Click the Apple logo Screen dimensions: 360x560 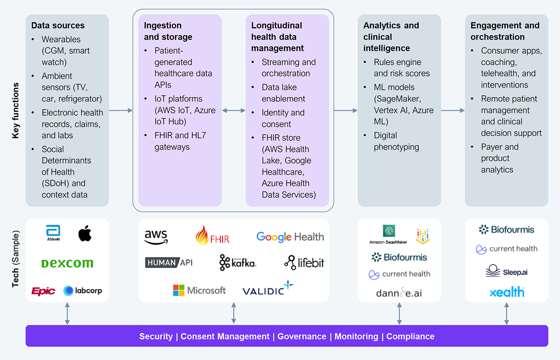pos(84,233)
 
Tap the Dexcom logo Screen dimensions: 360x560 pos(67,263)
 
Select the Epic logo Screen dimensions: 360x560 pos(43,291)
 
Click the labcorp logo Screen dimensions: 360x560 pos(83,291)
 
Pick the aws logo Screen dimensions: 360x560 pos(156,237)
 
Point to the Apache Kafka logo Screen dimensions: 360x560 pos(238,263)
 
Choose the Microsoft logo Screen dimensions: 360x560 pos(199,291)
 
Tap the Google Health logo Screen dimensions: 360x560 pos(290,237)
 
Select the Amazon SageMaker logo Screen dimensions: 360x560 pos(388,235)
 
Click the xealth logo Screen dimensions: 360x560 pos(507,292)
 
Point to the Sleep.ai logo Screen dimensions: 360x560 pos(507,271)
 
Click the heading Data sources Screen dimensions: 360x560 pos(58,26)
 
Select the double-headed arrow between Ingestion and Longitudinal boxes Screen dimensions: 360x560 pos(234,111)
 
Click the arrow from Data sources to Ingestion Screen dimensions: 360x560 pos(121,111)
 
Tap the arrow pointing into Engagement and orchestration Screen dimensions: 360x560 pos(453,111)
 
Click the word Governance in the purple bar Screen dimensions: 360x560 pos(301,336)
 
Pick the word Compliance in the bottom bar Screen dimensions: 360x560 pos(410,336)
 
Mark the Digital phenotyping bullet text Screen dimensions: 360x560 pos(396,141)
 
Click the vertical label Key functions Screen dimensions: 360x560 pos(15,111)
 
